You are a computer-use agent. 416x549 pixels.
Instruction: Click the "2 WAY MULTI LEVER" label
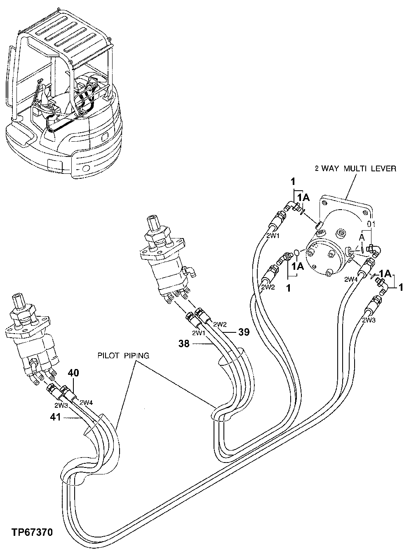click(x=355, y=168)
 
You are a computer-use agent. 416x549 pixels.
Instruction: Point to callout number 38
click(x=185, y=343)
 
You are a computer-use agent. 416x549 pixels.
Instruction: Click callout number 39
click(x=244, y=332)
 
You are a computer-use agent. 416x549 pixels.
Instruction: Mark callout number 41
click(x=56, y=417)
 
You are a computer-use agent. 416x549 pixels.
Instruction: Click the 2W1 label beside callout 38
click(x=199, y=333)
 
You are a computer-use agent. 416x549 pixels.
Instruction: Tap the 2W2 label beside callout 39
click(x=220, y=325)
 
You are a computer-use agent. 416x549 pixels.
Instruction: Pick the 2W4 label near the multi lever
click(x=351, y=279)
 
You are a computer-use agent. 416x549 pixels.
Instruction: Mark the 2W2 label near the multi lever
click(x=268, y=287)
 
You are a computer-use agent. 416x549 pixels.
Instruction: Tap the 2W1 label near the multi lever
click(x=273, y=236)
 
